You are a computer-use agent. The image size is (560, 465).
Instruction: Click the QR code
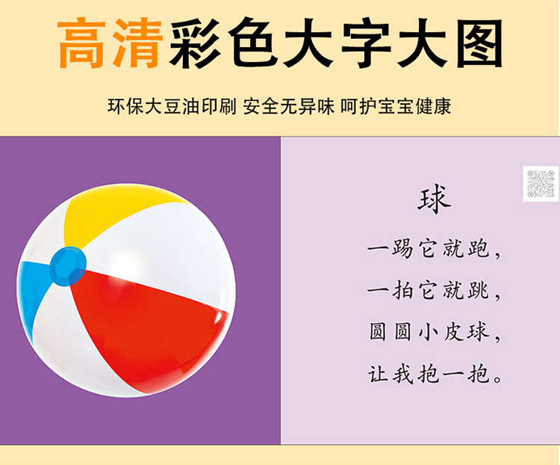click(x=541, y=183)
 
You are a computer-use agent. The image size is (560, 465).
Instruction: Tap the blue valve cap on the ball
click(x=68, y=266)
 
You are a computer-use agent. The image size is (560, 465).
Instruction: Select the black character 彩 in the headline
click(x=195, y=43)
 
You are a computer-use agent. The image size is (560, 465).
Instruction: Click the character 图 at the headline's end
click(x=479, y=43)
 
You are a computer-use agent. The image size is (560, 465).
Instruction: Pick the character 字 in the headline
click(x=367, y=43)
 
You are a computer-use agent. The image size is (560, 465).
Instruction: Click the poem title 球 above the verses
click(x=435, y=200)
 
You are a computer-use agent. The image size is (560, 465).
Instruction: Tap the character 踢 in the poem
click(x=403, y=249)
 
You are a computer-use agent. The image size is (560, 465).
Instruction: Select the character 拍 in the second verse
click(x=403, y=290)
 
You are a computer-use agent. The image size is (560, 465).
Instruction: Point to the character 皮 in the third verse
click(x=453, y=332)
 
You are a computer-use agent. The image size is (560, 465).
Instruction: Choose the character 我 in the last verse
click(x=403, y=374)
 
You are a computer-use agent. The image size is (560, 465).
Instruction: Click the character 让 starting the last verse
click(x=379, y=374)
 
